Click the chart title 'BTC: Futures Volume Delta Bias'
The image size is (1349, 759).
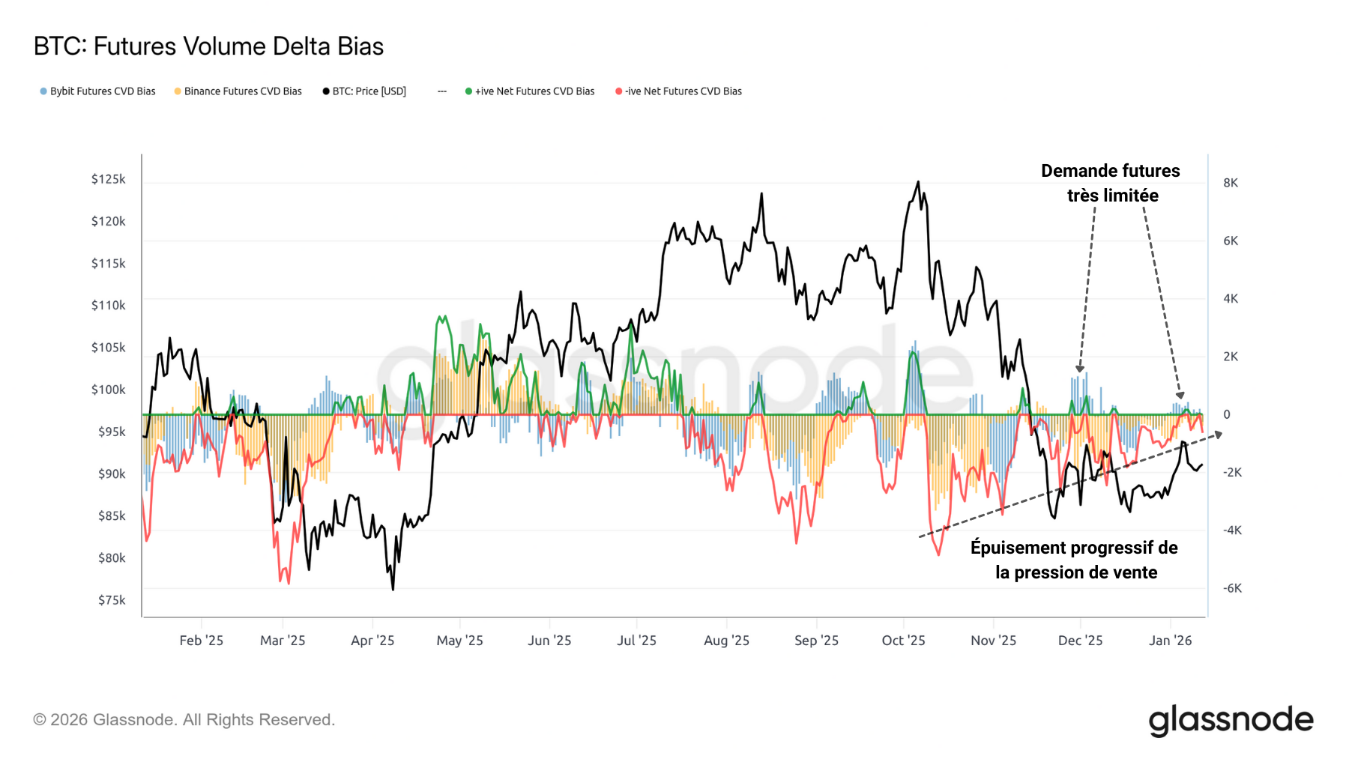208,46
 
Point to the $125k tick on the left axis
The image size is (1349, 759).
108,179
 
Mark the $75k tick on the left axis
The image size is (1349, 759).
112,600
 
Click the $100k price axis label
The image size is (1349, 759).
108,390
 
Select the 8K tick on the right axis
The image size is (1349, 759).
1231,183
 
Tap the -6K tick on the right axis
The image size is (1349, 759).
1232,588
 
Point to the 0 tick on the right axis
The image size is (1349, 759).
1227,414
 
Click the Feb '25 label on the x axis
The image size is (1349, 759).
201,641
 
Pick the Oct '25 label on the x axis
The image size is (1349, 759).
903,641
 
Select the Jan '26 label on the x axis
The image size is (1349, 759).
1170,641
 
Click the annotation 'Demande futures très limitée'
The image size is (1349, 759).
1111,183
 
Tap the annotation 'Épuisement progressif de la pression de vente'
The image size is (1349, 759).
1075,560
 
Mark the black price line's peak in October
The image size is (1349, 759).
918,182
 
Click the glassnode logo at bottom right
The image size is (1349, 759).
1231,720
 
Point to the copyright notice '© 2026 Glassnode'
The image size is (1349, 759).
184,720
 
